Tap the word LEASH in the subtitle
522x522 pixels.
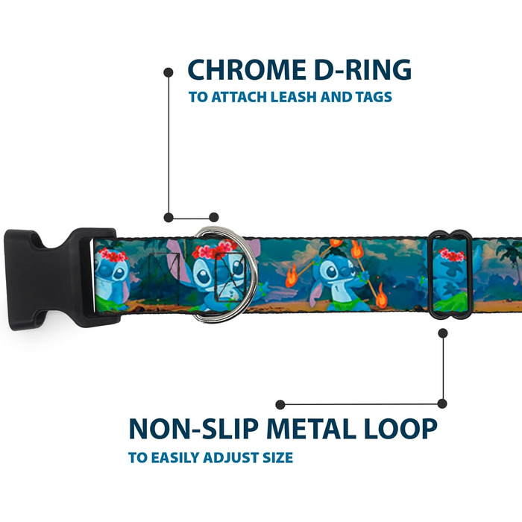click(302, 98)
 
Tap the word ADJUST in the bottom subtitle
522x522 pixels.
click(228, 457)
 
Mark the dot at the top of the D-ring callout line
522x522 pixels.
click(169, 72)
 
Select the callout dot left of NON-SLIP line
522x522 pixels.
click(280, 404)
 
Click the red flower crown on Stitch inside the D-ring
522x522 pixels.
click(214, 251)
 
